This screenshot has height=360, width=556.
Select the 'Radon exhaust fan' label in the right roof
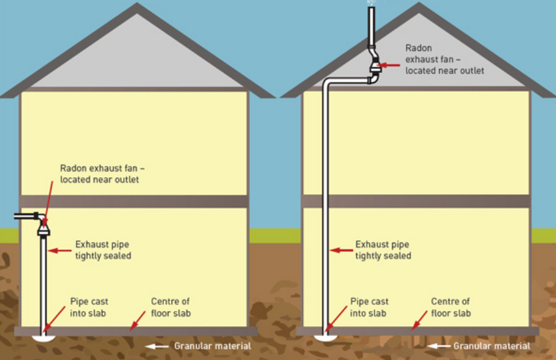point(444,59)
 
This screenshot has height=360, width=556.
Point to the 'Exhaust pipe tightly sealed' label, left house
point(103,250)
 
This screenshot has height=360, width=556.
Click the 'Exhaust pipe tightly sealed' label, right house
point(383,250)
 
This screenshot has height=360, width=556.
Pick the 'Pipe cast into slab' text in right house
point(369,307)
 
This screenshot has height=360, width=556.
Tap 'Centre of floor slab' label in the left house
point(170,307)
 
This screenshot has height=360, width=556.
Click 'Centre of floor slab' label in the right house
point(450,307)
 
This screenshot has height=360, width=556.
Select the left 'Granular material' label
point(212,346)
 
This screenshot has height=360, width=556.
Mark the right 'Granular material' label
point(493,346)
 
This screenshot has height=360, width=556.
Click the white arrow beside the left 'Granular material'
point(158,346)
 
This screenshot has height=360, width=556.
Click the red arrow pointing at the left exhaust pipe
point(60,250)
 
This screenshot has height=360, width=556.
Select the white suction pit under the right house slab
point(325,337)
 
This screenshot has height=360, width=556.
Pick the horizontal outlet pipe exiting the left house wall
point(25,216)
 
